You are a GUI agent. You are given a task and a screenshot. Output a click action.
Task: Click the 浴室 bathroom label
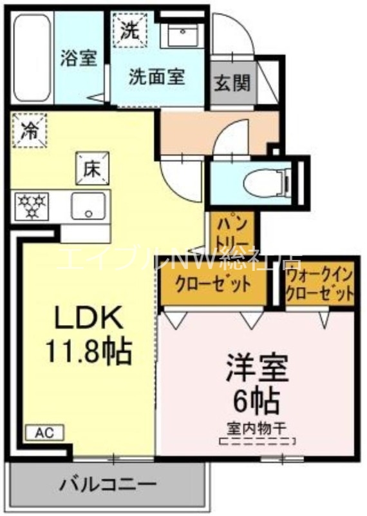coord(79,58)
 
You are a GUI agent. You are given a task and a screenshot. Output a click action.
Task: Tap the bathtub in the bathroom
coord(32,58)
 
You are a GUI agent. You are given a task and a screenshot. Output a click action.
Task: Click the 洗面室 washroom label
coord(156,78)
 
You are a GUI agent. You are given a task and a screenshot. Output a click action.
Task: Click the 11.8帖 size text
coord(88,351)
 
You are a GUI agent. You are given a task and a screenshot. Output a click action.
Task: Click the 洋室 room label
coord(256,368)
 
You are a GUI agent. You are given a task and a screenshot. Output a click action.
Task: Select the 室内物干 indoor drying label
coord(257,426)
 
